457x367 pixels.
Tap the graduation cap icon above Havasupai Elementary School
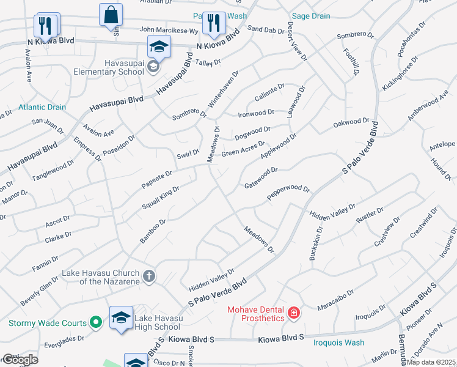[x=158, y=46]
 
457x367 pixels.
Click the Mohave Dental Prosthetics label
[x=256, y=314]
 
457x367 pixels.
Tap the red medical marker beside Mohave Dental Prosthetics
[x=294, y=314]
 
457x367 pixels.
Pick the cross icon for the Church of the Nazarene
[x=148, y=276]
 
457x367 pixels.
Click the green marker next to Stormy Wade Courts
[x=95, y=322]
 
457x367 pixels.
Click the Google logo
[x=20, y=360]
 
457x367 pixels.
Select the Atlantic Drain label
[x=42, y=107]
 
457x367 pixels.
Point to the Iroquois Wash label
[x=339, y=343]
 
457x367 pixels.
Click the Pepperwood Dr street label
[x=288, y=193]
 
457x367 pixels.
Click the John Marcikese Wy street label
[x=169, y=29]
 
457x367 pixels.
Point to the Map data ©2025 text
[x=431, y=362]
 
